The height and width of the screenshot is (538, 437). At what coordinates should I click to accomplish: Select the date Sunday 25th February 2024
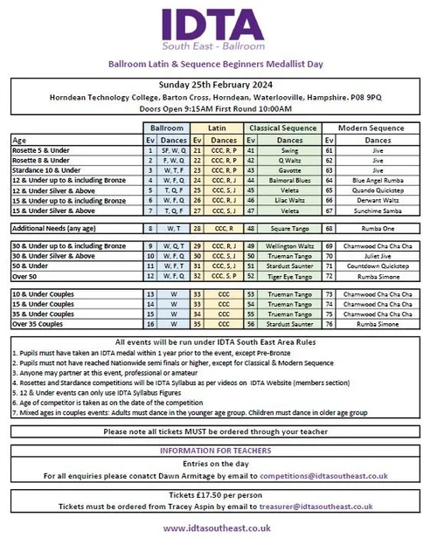(218, 85)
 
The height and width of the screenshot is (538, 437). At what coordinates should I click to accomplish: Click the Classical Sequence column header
(282, 128)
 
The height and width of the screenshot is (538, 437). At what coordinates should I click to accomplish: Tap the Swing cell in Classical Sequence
(289, 149)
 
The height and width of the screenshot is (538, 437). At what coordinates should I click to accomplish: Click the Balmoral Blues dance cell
(289, 180)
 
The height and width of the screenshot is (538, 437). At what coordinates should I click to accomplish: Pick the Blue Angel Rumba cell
(378, 180)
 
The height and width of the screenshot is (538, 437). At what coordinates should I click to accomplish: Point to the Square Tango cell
(289, 227)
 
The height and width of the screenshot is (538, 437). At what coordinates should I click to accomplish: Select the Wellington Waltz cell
(289, 246)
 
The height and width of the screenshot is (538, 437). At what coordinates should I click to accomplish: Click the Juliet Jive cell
(378, 256)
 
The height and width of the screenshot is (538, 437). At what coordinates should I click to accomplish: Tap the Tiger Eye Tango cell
(289, 275)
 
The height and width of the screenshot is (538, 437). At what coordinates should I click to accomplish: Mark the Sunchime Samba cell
(378, 210)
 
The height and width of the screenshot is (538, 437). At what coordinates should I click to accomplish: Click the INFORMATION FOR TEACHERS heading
(218, 450)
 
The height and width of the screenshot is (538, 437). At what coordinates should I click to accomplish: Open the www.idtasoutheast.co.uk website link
(218, 528)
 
